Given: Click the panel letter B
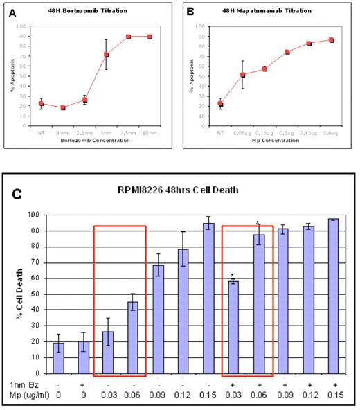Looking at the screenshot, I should coord(192,10).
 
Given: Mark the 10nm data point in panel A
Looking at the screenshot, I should coord(150,36).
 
